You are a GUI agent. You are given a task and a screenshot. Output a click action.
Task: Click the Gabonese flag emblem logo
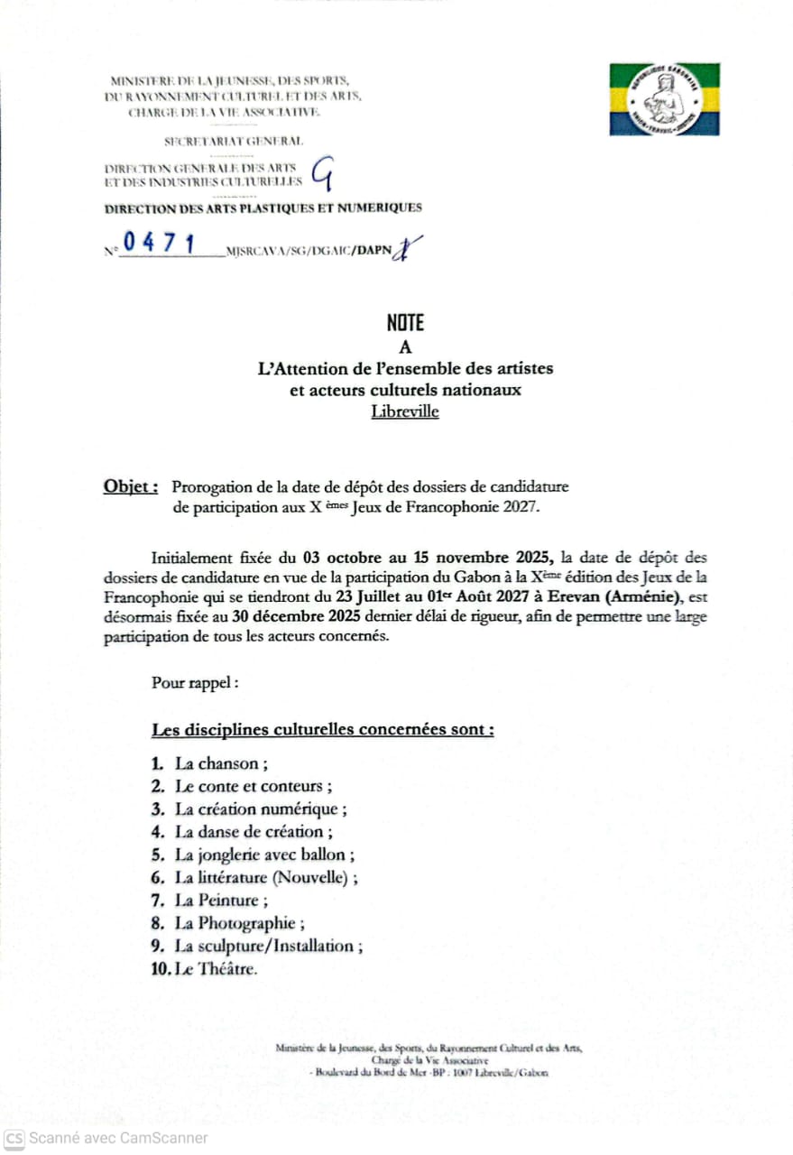[x=664, y=99]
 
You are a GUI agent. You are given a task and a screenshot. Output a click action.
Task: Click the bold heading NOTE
[x=405, y=323]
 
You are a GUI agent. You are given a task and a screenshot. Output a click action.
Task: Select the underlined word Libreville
[x=404, y=412]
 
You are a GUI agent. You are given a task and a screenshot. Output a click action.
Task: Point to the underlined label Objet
[x=131, y=486]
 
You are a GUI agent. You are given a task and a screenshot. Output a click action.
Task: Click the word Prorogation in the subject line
[x=211, y=487]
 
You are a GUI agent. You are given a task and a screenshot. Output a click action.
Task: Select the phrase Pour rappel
[x=195, y=682]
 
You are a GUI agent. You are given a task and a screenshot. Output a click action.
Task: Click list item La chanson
[x=217, y=763]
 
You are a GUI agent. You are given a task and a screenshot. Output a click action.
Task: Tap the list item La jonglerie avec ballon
[x=263, y=855]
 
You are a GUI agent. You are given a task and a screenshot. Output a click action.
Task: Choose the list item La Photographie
[x=239, y=923]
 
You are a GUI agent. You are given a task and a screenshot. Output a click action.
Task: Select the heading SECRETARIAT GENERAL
[x=233, y=141]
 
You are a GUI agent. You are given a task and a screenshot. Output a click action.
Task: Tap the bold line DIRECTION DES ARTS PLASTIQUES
[x=263, y=208]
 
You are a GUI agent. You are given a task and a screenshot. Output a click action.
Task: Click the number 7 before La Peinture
[x=158, y=901]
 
